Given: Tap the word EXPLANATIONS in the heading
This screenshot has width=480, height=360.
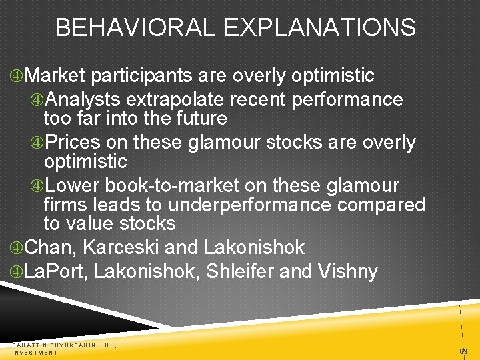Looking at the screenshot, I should (320, 28).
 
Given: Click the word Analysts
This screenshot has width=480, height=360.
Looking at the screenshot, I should (83, 100).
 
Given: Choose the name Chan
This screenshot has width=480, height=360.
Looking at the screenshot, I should (51, 247).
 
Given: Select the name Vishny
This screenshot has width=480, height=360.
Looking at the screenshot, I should (349, 271).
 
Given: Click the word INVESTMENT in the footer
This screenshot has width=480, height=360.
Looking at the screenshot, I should (35, 352).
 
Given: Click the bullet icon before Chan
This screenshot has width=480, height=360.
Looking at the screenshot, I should (16, 248).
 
